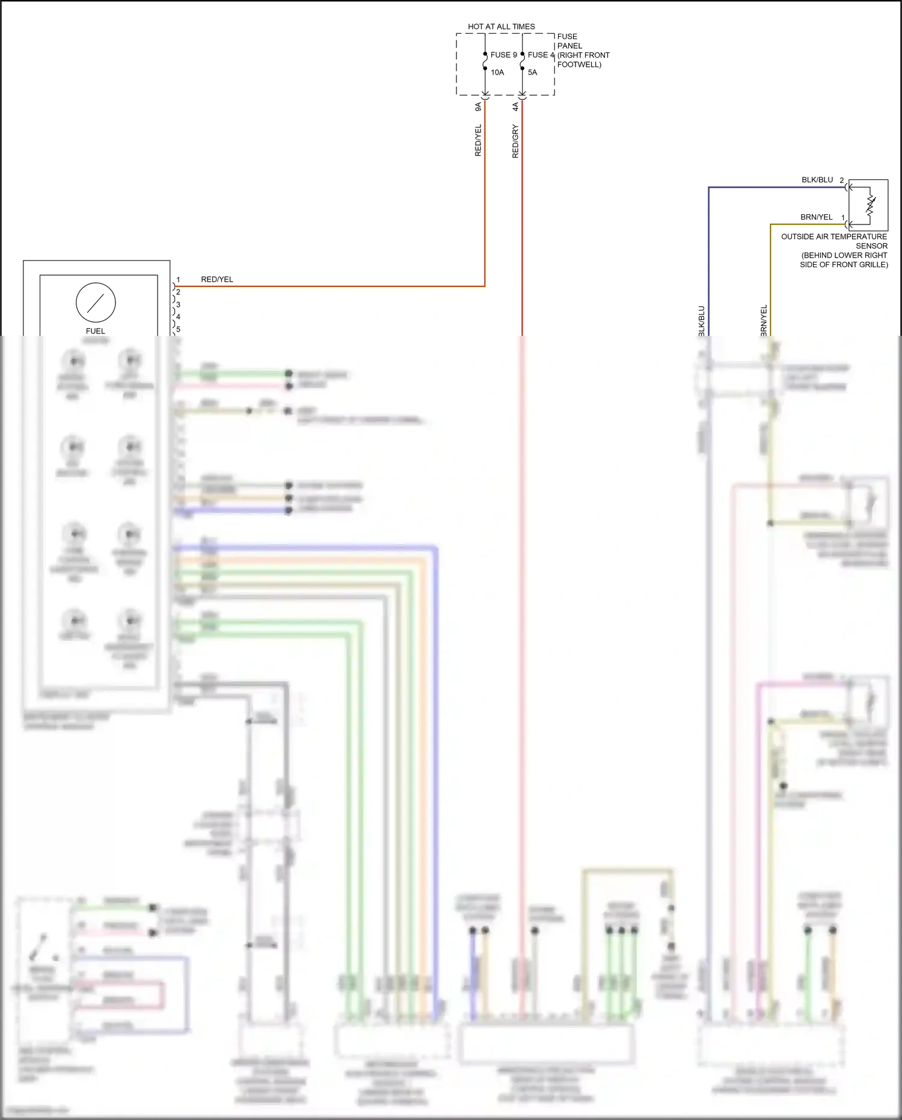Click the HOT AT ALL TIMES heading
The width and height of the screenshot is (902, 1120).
click(501, 26)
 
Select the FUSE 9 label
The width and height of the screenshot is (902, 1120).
click(503, 55)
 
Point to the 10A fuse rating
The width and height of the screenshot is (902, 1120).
click(497, 72)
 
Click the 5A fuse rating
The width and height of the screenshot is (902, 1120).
click(532, 72)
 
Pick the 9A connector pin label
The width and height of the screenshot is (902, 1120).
click(478, 107)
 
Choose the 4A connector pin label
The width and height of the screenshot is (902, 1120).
click(515, 107)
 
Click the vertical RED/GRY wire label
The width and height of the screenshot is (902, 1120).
click(515, 141)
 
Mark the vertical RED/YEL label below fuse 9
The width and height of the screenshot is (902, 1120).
click(478, 141)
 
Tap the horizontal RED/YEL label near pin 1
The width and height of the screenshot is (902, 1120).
click(216, 279)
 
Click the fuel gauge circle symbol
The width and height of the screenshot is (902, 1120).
click(96, 302)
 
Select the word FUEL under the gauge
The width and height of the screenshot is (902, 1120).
click(95, 331)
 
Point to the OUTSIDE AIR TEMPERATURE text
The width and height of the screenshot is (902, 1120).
click(833, 237)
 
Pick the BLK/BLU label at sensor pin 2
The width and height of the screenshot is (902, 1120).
click(817, 180)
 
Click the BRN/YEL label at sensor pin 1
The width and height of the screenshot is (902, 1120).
click(816, 217)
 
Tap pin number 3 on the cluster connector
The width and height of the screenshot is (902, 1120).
click(178, 305)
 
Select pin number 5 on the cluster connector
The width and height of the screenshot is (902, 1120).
click(178, 329)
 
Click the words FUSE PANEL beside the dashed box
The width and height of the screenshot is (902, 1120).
click(568, 41)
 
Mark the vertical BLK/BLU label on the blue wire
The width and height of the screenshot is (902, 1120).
click(701, 321)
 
